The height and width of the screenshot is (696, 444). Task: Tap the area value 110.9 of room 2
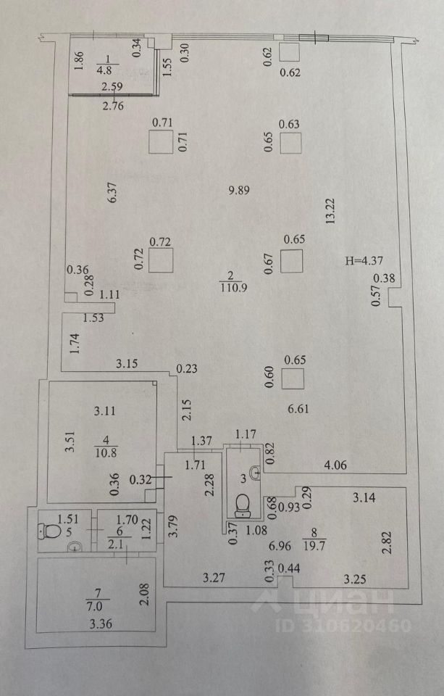coord(230,288)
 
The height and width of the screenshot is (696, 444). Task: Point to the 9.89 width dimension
coord(239,191)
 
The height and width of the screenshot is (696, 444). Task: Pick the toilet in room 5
coord(53,531)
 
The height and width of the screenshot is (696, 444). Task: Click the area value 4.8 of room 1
coord(106,70)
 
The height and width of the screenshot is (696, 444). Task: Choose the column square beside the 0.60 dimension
coord(293,378)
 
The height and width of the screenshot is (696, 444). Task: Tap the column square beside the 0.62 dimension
coord(290,53)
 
